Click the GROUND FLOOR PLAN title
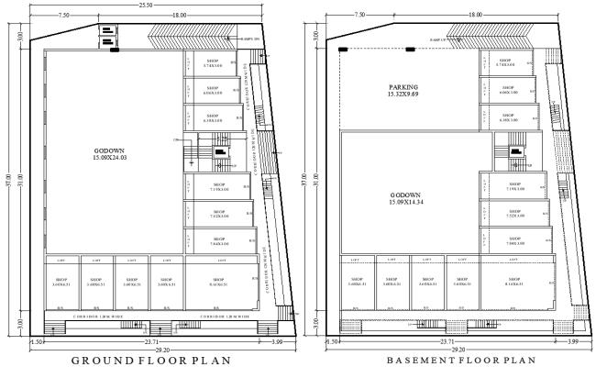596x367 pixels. (x=152, y=359)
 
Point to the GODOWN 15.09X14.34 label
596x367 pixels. (x=404, y=200)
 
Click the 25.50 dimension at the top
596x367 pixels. (x=146, y=6)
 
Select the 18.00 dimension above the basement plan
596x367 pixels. (x=474, y=16)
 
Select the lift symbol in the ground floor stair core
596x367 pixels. (x=220, y=152)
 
